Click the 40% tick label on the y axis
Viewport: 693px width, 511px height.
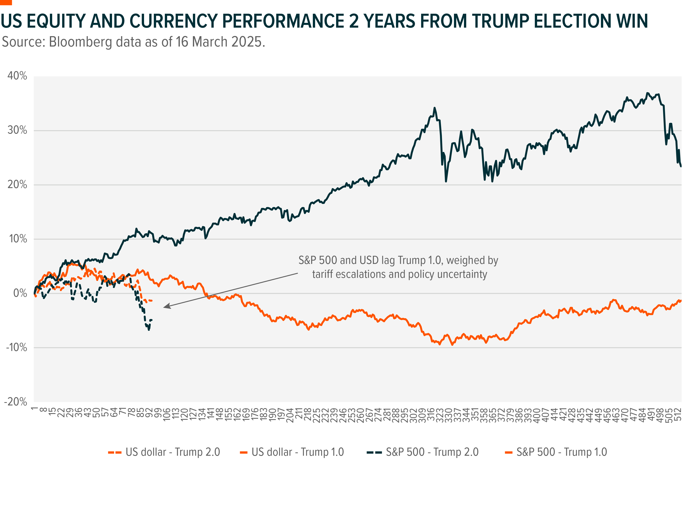pyautogui.click(x=17, y=76)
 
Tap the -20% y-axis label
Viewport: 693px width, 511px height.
pyautogui.click(x=15, y=402)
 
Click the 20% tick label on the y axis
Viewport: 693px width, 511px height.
pyautogui.click(x=17, y=185)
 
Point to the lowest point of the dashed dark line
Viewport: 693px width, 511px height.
pyautogui.click(x=149, y=330)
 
